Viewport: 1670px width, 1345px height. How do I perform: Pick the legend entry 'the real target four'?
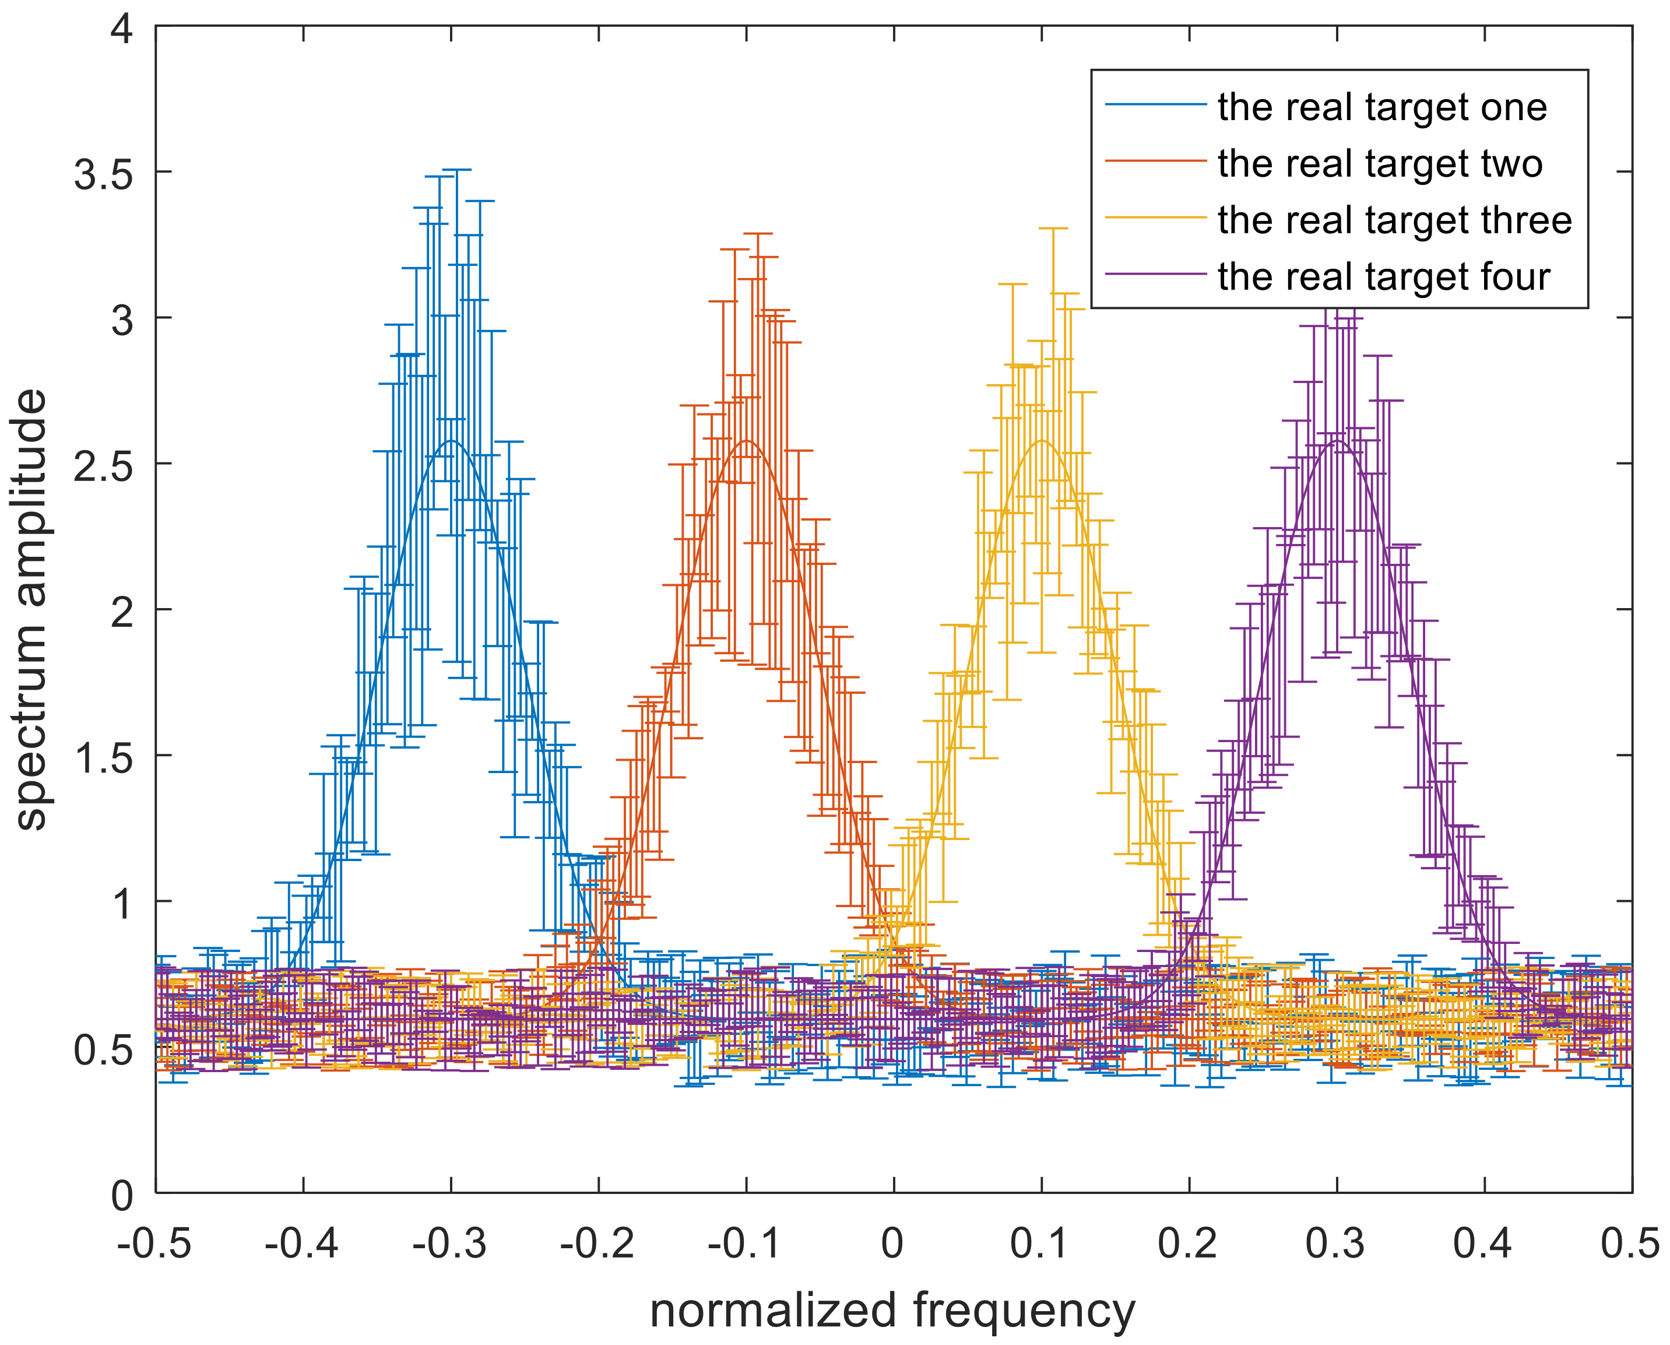click(1383, 276)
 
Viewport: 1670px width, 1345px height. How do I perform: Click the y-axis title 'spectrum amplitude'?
click(31, 610)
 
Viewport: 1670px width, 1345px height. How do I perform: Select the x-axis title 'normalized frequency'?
click(892, 1309)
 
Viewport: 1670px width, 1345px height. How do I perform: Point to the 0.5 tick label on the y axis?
click(103, 1051)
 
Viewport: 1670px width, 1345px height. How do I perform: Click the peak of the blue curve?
click(451, 441)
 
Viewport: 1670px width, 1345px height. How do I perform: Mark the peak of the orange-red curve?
click(746, 441)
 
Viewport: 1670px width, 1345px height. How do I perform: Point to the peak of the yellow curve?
click(1042, 441)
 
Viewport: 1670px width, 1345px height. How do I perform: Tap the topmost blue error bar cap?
click(456, 170)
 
